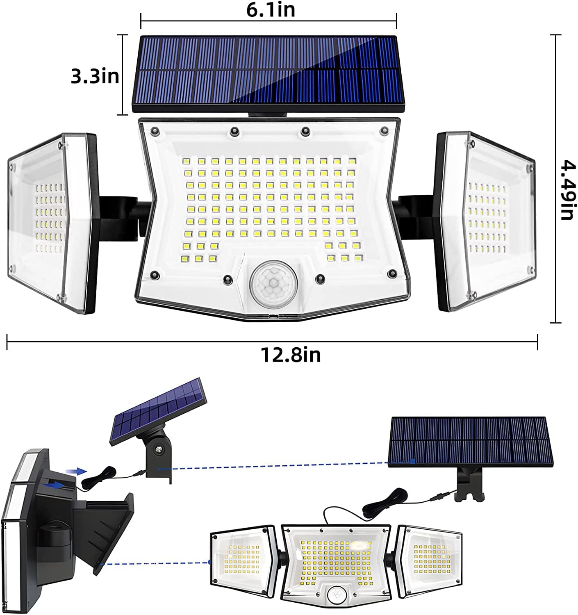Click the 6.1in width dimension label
point(270,9)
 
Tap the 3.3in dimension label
point(95,76)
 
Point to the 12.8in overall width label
point(291,355)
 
